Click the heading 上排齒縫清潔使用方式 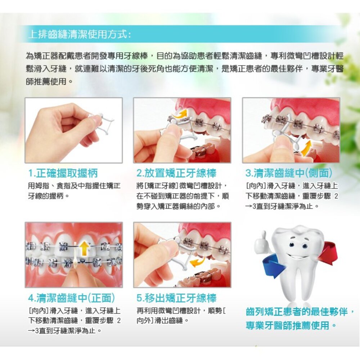point(80,35)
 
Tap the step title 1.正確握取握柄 point(63,173)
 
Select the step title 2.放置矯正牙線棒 point(176,173)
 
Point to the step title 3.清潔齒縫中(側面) point(289,173)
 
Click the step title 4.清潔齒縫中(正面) point(71,298)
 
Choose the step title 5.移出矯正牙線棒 point(176,298)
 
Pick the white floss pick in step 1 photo point(103,124)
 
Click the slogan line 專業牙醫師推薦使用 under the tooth point(288,325)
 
